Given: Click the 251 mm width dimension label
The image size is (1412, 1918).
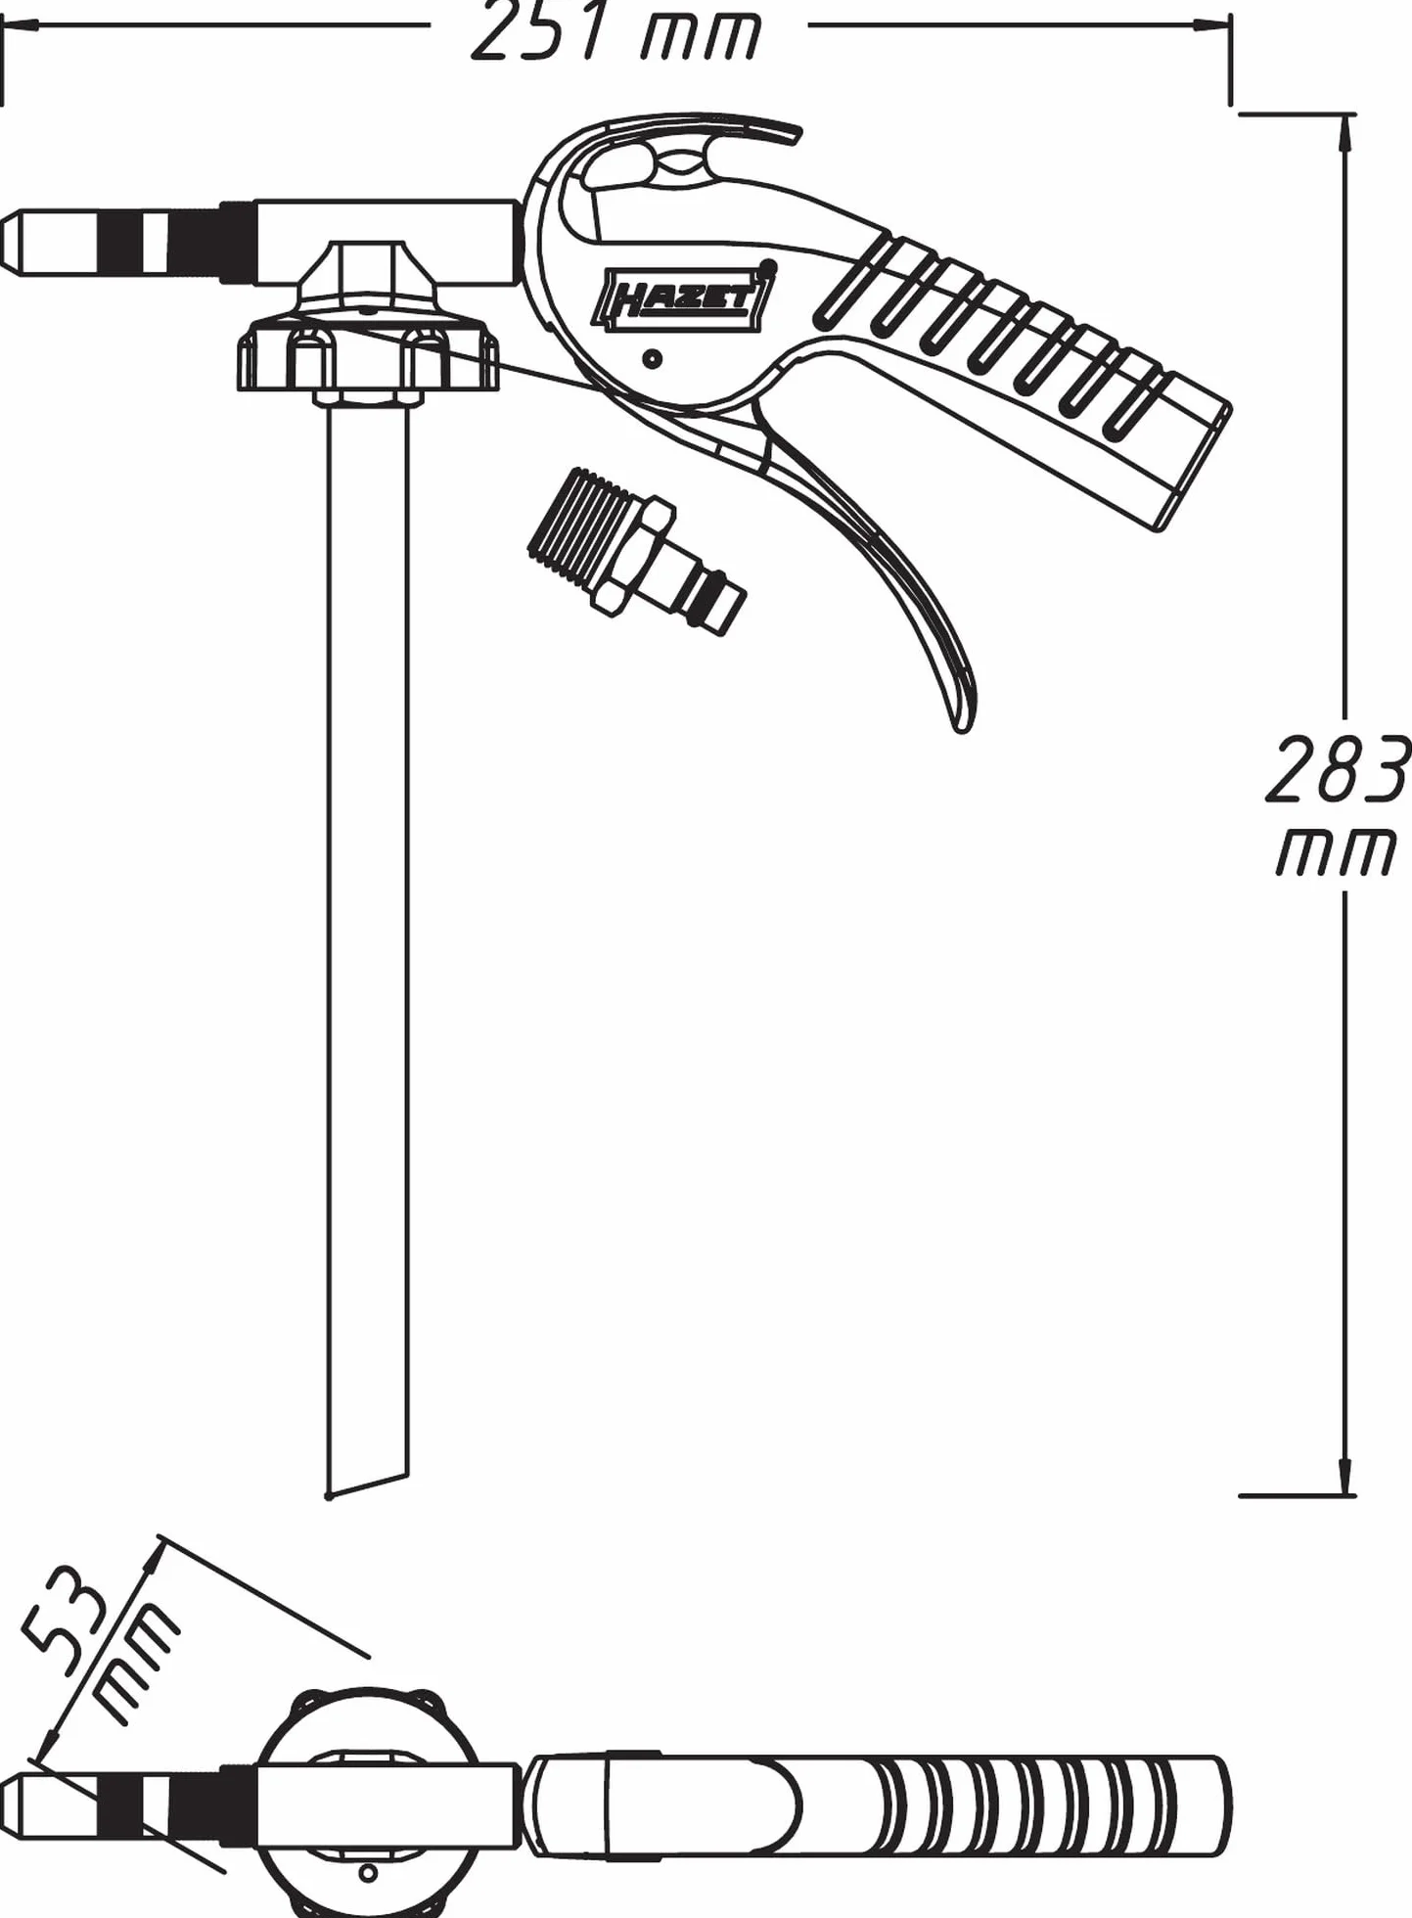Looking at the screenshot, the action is [x=616, y=31].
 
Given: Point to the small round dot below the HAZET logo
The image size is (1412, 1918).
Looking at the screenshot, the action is [x=653, y=358].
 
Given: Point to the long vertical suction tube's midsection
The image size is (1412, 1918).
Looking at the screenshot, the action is [x=367, y=939].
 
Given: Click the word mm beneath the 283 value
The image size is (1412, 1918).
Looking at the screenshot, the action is [x=1337, y=853].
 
